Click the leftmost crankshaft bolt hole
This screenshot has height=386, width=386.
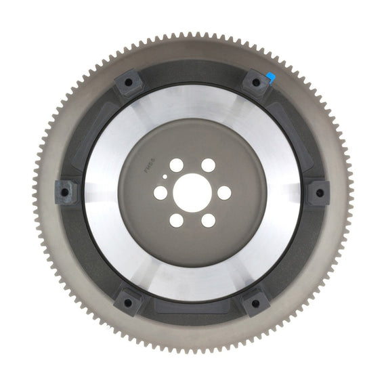tap(160, 193)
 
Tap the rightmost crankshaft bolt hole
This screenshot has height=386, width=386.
tap(224, 193)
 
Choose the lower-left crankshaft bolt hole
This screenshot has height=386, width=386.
tap(176, 221)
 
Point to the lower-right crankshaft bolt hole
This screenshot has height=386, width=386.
tap(209, 221)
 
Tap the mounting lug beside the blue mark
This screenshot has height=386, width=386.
tap(256, 83)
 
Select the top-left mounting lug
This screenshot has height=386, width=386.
tap(128, 83)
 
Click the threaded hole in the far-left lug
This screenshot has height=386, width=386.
tap(64, 192)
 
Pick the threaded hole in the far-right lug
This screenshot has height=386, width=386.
tap(320, 192)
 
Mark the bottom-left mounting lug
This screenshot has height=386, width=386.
tap(128, 302)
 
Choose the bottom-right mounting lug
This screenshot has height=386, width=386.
tap(256, 303)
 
